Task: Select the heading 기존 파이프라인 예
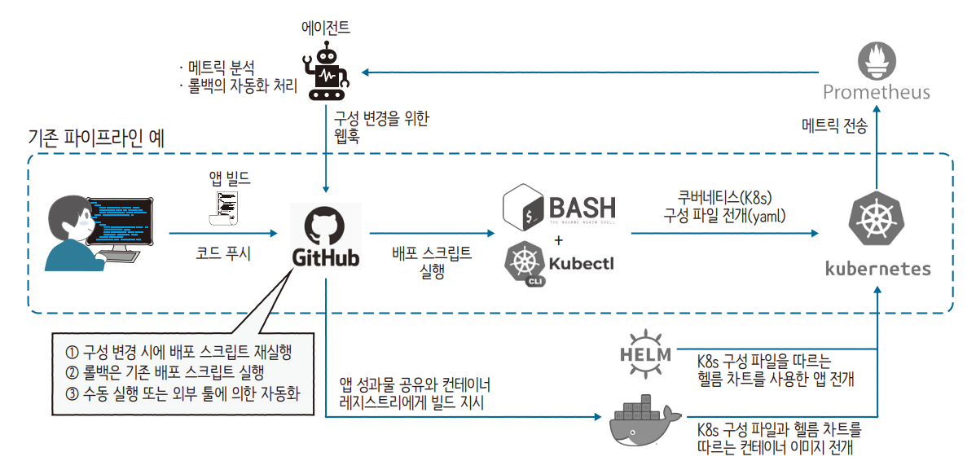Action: point(96,138)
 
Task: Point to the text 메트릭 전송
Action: point(834,126)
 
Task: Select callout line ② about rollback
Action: point(165,373)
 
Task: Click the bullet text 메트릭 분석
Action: point(221,66)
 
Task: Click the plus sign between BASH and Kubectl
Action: point(558,239)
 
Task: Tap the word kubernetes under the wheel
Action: point(877,268)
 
